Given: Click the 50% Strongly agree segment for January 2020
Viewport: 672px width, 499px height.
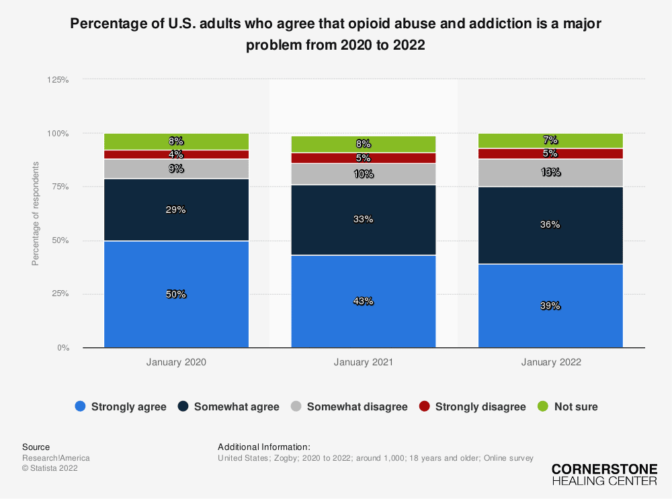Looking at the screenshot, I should click(x=176, y=294).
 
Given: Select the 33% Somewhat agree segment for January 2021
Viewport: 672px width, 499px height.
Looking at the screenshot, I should click(x=364, y=220).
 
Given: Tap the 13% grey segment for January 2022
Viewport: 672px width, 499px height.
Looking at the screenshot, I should click(x=550, y=173).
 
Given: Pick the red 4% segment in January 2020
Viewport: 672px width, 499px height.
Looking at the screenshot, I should click(x=176, y=154).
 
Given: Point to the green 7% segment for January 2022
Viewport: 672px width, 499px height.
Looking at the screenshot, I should click(x=550, y=140).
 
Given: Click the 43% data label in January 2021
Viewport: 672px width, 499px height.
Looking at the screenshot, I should click(x=364, y=302).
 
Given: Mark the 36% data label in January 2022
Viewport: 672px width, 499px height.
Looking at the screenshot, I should click(x=550, y=225).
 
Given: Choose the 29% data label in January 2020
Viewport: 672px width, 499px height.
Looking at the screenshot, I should click(x=176, y=210).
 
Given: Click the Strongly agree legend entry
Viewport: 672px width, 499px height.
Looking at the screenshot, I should click(x=121, y=406).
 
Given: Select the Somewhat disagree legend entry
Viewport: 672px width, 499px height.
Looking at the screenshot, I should click(x=349, y=406).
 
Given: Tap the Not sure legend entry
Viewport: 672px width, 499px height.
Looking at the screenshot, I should click(x=568, y=406).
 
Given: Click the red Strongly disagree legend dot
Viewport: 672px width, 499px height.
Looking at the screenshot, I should click(x=425, y=406).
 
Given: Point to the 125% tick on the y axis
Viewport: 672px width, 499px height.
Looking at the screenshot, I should click(x=58, y=79).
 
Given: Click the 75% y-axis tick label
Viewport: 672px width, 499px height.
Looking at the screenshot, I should click(x=60, y=187).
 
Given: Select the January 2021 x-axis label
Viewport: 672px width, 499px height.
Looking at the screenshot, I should click(x=364, y=362).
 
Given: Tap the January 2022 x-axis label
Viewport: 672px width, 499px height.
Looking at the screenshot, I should click(x=550, y=362).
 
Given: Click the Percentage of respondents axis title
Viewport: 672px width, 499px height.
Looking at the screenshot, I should click(x=36, y=214).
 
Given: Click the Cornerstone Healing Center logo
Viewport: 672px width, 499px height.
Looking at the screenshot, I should click(x=604, y=475).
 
